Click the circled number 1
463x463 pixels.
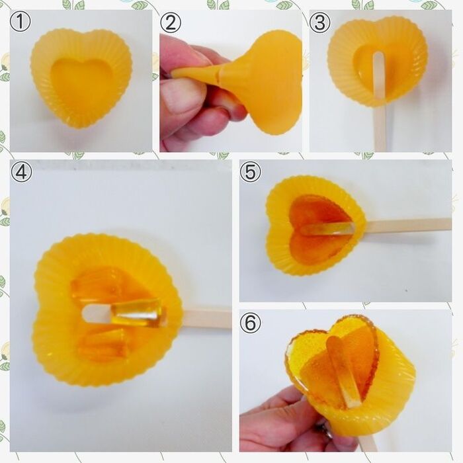pyautogui.click(x=21, y=22)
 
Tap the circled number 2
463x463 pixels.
pyautogui.click(x=171, y=22)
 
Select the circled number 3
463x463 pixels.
pyautogui.click(x=320, y=22)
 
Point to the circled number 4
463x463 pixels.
pyautogui.click(x=21, y=172)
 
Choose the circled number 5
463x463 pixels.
pyautogui.click(x=251, y=172)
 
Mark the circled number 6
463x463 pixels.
pyautogui.click(x=251, y=323)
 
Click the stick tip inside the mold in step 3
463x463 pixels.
pyautogui.click(x=379, y=56)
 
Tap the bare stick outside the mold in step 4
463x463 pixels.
pyautogui.click(x=206, y=319)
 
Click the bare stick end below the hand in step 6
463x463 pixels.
pyautogui.click(x=368, y=444)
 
